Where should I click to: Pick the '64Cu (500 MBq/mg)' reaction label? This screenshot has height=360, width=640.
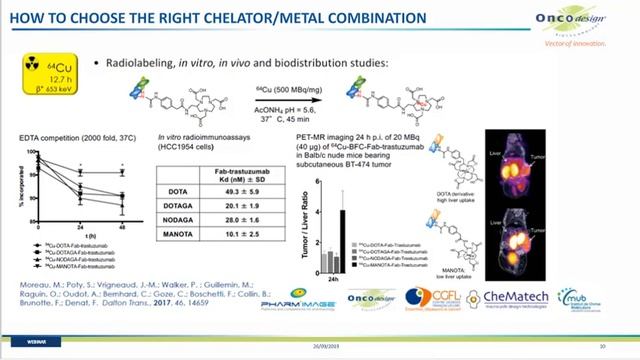[290, 90]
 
